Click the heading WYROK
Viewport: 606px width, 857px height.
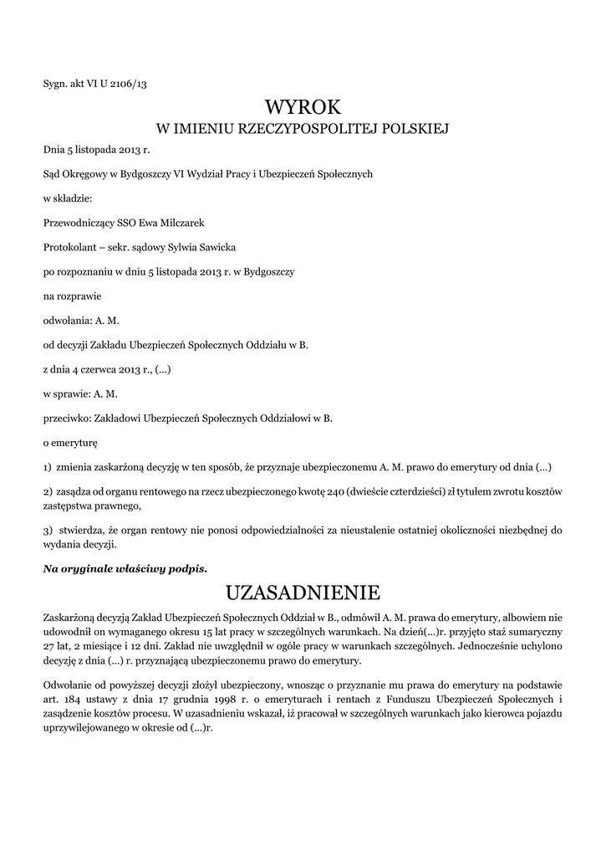coord(303,107)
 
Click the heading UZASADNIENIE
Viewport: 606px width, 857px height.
coord(303,593)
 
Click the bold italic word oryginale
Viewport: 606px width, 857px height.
coord(92,568)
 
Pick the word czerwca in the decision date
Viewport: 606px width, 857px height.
coord(104,368)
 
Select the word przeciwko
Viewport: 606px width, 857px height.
coord(68,417)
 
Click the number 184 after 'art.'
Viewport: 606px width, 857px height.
coord(70,698)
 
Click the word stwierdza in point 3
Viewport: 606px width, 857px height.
coord(80,530)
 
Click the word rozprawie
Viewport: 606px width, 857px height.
coord(79,296)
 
